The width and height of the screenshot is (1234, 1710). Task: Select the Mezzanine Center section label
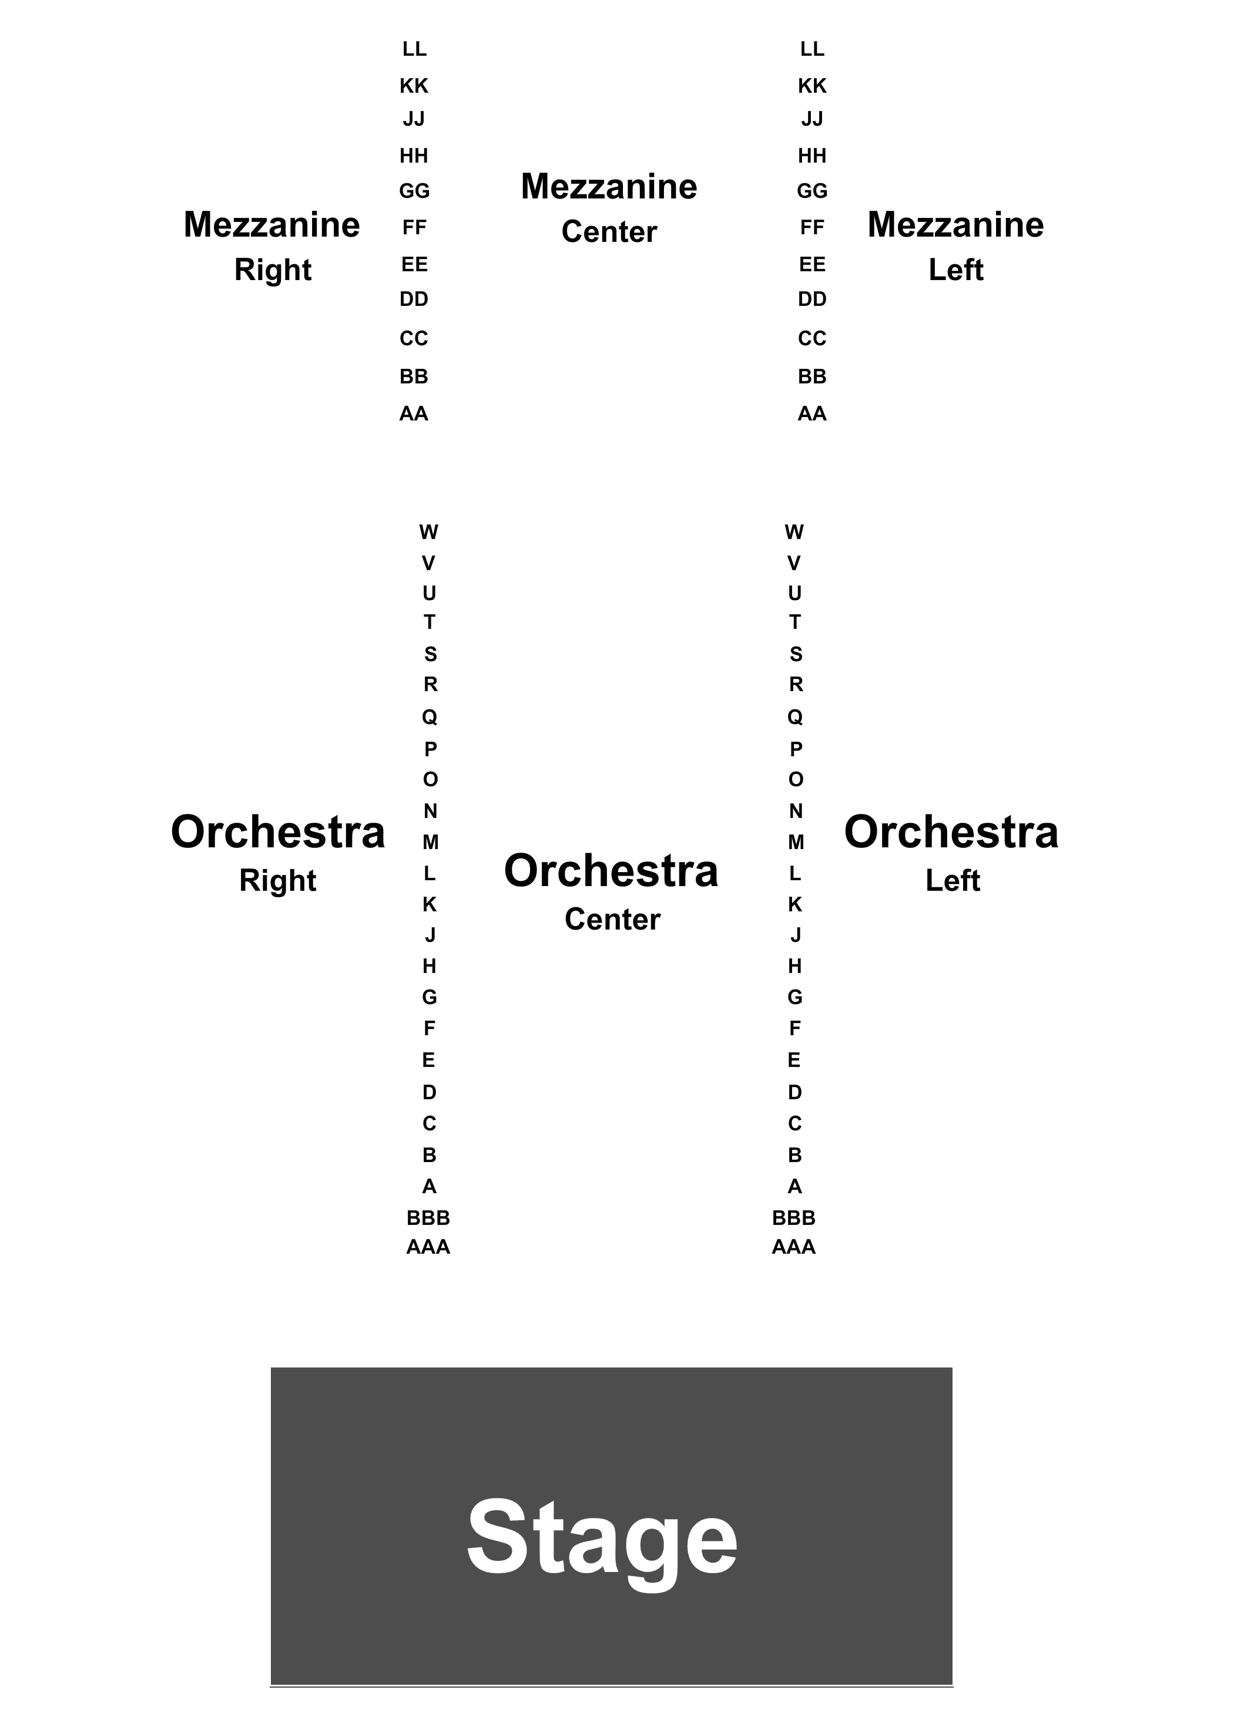click(x=609, y=208)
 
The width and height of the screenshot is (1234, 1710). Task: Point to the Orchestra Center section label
click(x=612, y=892)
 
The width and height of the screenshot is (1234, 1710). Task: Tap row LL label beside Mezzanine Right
click(x=414, y=49)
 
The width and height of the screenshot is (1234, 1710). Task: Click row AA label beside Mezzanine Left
click(x=812, y=414)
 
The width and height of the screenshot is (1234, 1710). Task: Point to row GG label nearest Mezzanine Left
click(x=812, y=191)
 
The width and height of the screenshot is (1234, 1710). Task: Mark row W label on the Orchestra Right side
click(x=428, y=532)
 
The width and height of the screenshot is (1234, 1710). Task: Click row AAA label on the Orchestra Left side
click(x=793, y=1247)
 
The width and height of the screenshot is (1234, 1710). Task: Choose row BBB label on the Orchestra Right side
click(x=428, y=1218)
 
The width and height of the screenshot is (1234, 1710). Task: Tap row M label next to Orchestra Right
click(x=430, y=842)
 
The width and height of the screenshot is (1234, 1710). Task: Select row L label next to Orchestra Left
click(x=795, y=874)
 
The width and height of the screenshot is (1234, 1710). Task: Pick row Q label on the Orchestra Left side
click(x=795, y=717)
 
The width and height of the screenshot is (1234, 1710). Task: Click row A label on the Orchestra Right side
click(x=429, y=1187)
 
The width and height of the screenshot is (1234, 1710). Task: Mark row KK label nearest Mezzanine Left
click(x=812, y=86)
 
